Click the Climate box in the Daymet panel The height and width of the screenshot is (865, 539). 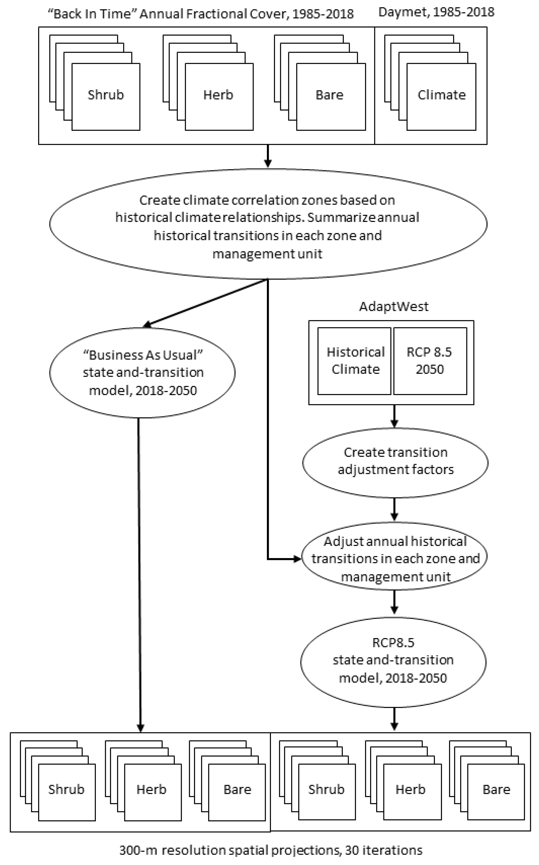pos(441,96)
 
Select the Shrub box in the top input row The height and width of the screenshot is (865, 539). pos(106,96)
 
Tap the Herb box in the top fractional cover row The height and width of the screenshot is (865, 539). pos(219,96)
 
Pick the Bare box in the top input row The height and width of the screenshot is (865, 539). pos(330,96)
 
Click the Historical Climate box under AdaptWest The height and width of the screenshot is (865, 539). pos(355,361)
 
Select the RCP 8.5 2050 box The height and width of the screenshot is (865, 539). pos(430,361)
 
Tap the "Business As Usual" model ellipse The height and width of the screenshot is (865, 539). pos(142,372)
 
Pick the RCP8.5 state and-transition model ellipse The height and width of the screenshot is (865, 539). pos(393,660)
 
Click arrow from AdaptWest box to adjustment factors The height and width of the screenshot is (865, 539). pos(394,416)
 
